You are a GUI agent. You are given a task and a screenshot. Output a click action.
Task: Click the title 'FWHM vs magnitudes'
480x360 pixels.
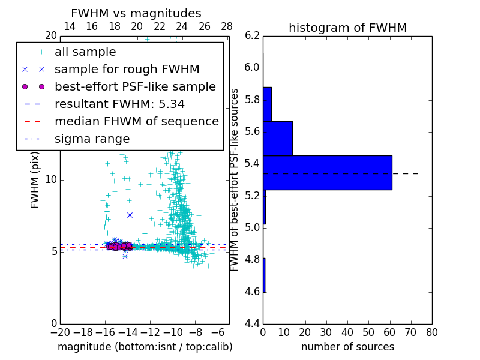tap(136, 13)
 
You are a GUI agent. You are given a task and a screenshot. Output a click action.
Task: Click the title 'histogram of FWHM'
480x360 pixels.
tap(347, 28)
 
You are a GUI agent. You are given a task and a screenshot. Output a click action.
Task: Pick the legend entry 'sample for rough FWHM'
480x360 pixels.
tap(127, 70)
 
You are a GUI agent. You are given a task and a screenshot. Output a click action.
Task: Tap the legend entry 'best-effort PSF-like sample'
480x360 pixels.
tap(135, 86)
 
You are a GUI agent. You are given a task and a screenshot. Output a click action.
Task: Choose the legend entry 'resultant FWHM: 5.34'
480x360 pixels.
tap(119, 104)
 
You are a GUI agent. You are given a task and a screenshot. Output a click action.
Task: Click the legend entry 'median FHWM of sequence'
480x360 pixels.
tap(136, 121)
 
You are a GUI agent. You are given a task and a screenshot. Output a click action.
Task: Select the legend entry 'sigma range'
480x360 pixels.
tap(92, 139)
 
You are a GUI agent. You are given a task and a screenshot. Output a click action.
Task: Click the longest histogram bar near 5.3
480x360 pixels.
tap(327, 173)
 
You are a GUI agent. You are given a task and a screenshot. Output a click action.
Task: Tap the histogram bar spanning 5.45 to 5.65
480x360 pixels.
tap(277, 138)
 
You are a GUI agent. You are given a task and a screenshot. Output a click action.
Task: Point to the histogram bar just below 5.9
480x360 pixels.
tap(267, 104)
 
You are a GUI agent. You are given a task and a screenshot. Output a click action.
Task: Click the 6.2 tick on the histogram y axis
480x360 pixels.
tap(253, 35)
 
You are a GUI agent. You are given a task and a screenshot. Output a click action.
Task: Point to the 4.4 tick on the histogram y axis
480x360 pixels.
tap(253, 324)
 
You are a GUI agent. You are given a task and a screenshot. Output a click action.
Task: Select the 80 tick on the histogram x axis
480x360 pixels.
tap(431, 332)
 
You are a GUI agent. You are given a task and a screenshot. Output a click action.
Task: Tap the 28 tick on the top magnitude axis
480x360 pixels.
tap(227, 26)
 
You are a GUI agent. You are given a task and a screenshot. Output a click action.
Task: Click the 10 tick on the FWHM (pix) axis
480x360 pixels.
tap(50, 179)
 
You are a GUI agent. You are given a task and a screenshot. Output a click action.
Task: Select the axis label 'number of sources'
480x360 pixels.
tap(347, 347)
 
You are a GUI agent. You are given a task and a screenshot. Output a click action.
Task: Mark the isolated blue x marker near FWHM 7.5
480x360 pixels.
tap(130, 215)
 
